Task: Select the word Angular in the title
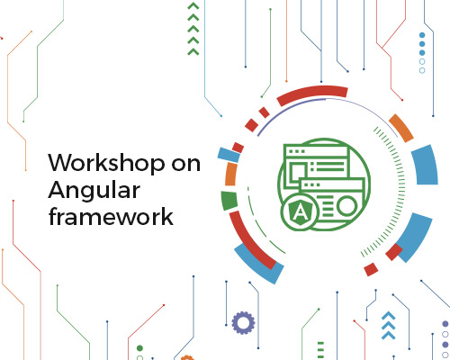94,191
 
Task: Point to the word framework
111,216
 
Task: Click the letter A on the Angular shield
299,212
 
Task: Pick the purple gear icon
243,323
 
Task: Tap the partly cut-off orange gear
187,357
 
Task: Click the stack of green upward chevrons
193,29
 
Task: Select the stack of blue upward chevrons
388,325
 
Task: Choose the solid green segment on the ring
229,200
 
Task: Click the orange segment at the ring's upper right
401,128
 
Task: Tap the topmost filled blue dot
422,35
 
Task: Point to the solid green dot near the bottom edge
139,348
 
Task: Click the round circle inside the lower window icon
346,206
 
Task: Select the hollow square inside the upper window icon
297,172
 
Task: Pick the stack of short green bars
320,349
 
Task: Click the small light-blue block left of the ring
229,155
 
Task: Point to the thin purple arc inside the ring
327,108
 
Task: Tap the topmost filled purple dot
445,324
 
